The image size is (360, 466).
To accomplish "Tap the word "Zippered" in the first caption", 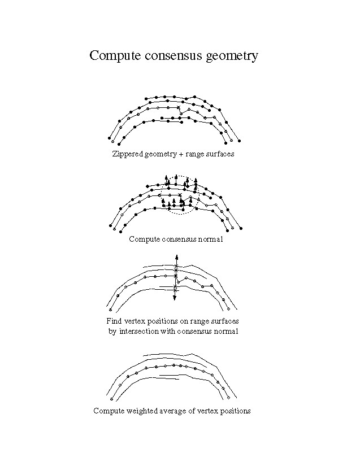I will point(128,154).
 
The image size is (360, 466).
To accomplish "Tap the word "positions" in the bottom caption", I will point(235,411).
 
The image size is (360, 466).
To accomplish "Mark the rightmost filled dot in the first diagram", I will point(240,140).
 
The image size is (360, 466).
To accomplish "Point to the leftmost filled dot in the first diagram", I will point(109,137).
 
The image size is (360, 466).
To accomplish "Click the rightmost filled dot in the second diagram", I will point(241,228).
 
